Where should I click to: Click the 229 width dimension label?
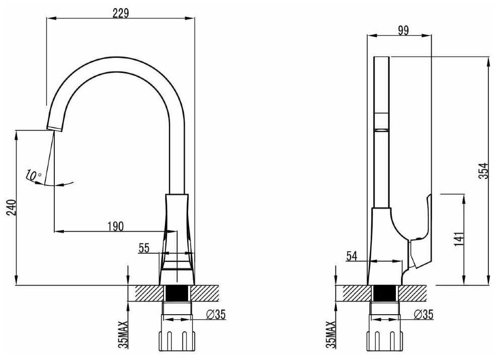pos(121,13)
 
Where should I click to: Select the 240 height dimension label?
pos(12,207)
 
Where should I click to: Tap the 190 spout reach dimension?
pos(116,226)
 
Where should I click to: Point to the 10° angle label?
pos(34,175)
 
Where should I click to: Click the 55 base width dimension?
pos(144,248)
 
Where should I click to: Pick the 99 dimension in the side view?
pos(403,31)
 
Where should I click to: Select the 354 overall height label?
pos(483,171)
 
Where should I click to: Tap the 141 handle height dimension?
pos(459,239)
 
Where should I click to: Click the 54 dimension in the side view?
pos(352,256)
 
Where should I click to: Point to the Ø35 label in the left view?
pos(216,314)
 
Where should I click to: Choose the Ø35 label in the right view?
pos(424,314)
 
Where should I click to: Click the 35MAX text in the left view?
pos(123,334)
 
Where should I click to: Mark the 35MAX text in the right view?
pos(330,334)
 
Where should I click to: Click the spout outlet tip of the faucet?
pos(54,128)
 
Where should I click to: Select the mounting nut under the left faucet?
pos(177,341)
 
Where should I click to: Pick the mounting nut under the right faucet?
pos(385,341)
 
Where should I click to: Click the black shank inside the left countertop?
pos(177,293)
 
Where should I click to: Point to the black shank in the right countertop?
pos(385,293)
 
